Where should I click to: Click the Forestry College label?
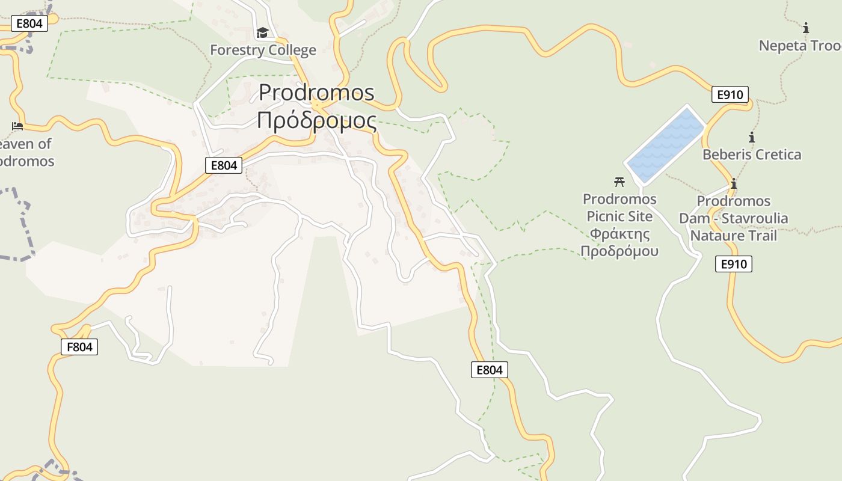[263, 50]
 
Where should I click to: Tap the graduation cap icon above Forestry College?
[262, 32]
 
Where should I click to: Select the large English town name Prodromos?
[316, 93]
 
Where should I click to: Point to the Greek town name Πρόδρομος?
[316, 120]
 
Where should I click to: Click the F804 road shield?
[79, 347]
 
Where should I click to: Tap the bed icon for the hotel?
[17, 126]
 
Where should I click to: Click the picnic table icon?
[619, 182]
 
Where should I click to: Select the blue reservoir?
[665, 144]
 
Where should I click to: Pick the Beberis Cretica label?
[752, 155]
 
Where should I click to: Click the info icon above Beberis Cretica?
[752, 137]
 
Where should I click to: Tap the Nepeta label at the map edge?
[799, 46]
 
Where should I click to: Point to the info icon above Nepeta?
[806, 28]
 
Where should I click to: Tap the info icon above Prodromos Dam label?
[733, 184]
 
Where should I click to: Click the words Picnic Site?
[619, 216]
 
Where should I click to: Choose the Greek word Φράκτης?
[619, 233]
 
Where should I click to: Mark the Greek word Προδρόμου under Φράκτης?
[619, 251]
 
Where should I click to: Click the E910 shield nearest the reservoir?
[730, 94]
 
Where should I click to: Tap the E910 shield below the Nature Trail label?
[734, 264]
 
